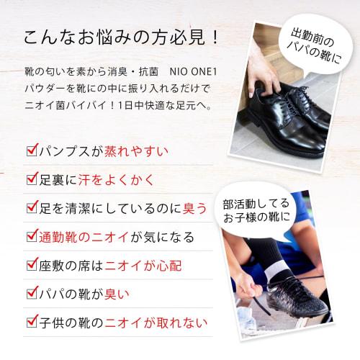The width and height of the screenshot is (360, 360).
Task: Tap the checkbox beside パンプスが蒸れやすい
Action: pyautogui.click(x=31, y=151)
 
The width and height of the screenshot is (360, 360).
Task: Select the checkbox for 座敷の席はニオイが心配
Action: pyautogui.click(x=31, y=265)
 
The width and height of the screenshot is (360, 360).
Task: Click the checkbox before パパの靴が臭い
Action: pyautogui.click(x=31, y=293)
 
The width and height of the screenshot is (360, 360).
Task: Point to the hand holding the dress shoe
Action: pyautogui.click(x=263, y=76)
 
